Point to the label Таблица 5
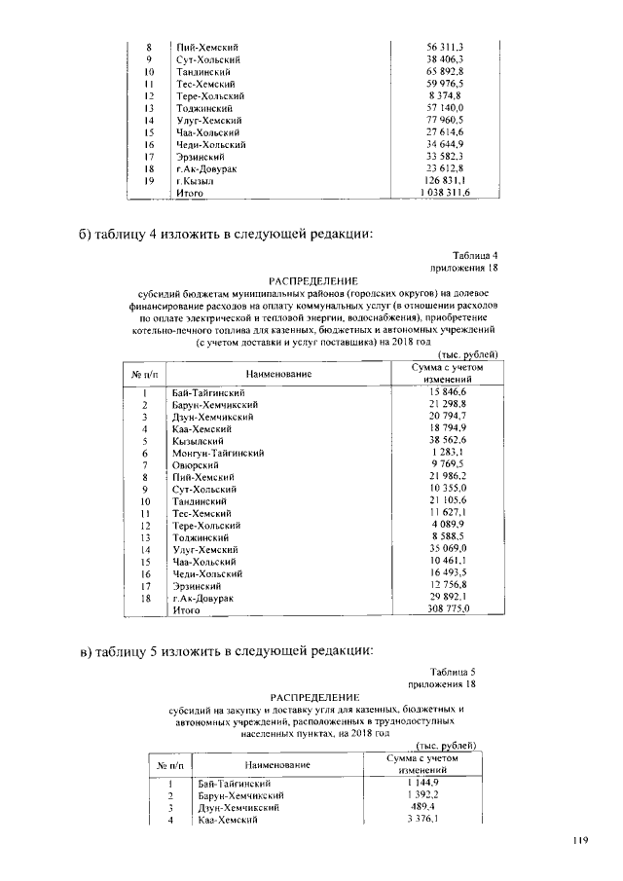454,672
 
